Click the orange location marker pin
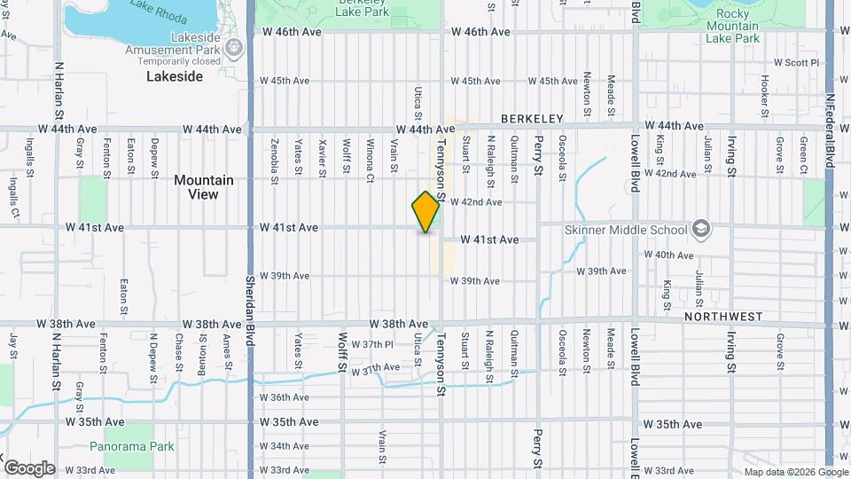coord(426,211)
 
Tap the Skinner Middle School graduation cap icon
coord(701,230)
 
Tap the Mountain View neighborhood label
coord(204,186)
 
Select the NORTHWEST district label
coord(723,316)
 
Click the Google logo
coord(29,467)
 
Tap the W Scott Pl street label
coord(797,63)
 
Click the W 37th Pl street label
coord(371,344)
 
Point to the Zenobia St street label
coord(276,156)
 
